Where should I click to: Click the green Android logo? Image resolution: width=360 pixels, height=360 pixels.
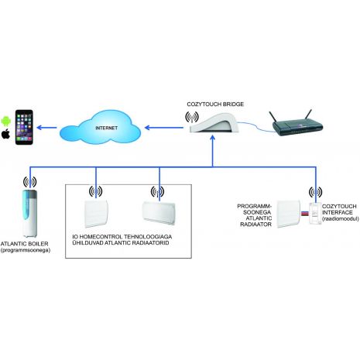(x=5, y=121)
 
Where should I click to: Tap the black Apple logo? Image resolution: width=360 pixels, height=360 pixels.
(x=5, y=135)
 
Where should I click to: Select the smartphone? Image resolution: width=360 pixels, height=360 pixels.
(x=24, y=127)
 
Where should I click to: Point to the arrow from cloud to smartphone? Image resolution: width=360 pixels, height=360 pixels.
(x=46, y=128)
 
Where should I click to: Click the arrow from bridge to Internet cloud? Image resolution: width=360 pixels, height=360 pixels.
(x=164, y=128)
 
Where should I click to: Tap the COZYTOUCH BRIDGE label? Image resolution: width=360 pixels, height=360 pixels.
(x=215, y=105)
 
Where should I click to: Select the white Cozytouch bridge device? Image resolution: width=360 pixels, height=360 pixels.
(x=215, y=124)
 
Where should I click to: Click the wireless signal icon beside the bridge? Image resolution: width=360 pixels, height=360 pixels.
(x=192, y=117)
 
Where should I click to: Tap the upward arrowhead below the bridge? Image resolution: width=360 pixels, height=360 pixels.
(x=213, y=139)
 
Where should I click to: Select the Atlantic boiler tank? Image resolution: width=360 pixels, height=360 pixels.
(x=29, y=213)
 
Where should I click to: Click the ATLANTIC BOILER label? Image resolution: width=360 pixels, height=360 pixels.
(x=24, y=244)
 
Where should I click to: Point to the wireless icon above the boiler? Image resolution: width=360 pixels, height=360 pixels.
(x=29, y=182)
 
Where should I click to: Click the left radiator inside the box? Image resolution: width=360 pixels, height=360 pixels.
(x=96, y=213)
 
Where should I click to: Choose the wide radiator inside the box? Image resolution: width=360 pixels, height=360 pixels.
(x=159, y=213)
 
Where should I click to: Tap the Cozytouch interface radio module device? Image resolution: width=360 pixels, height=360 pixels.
(x=315, y=213)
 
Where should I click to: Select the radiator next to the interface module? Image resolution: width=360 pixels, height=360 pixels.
(x=289, y=214)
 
